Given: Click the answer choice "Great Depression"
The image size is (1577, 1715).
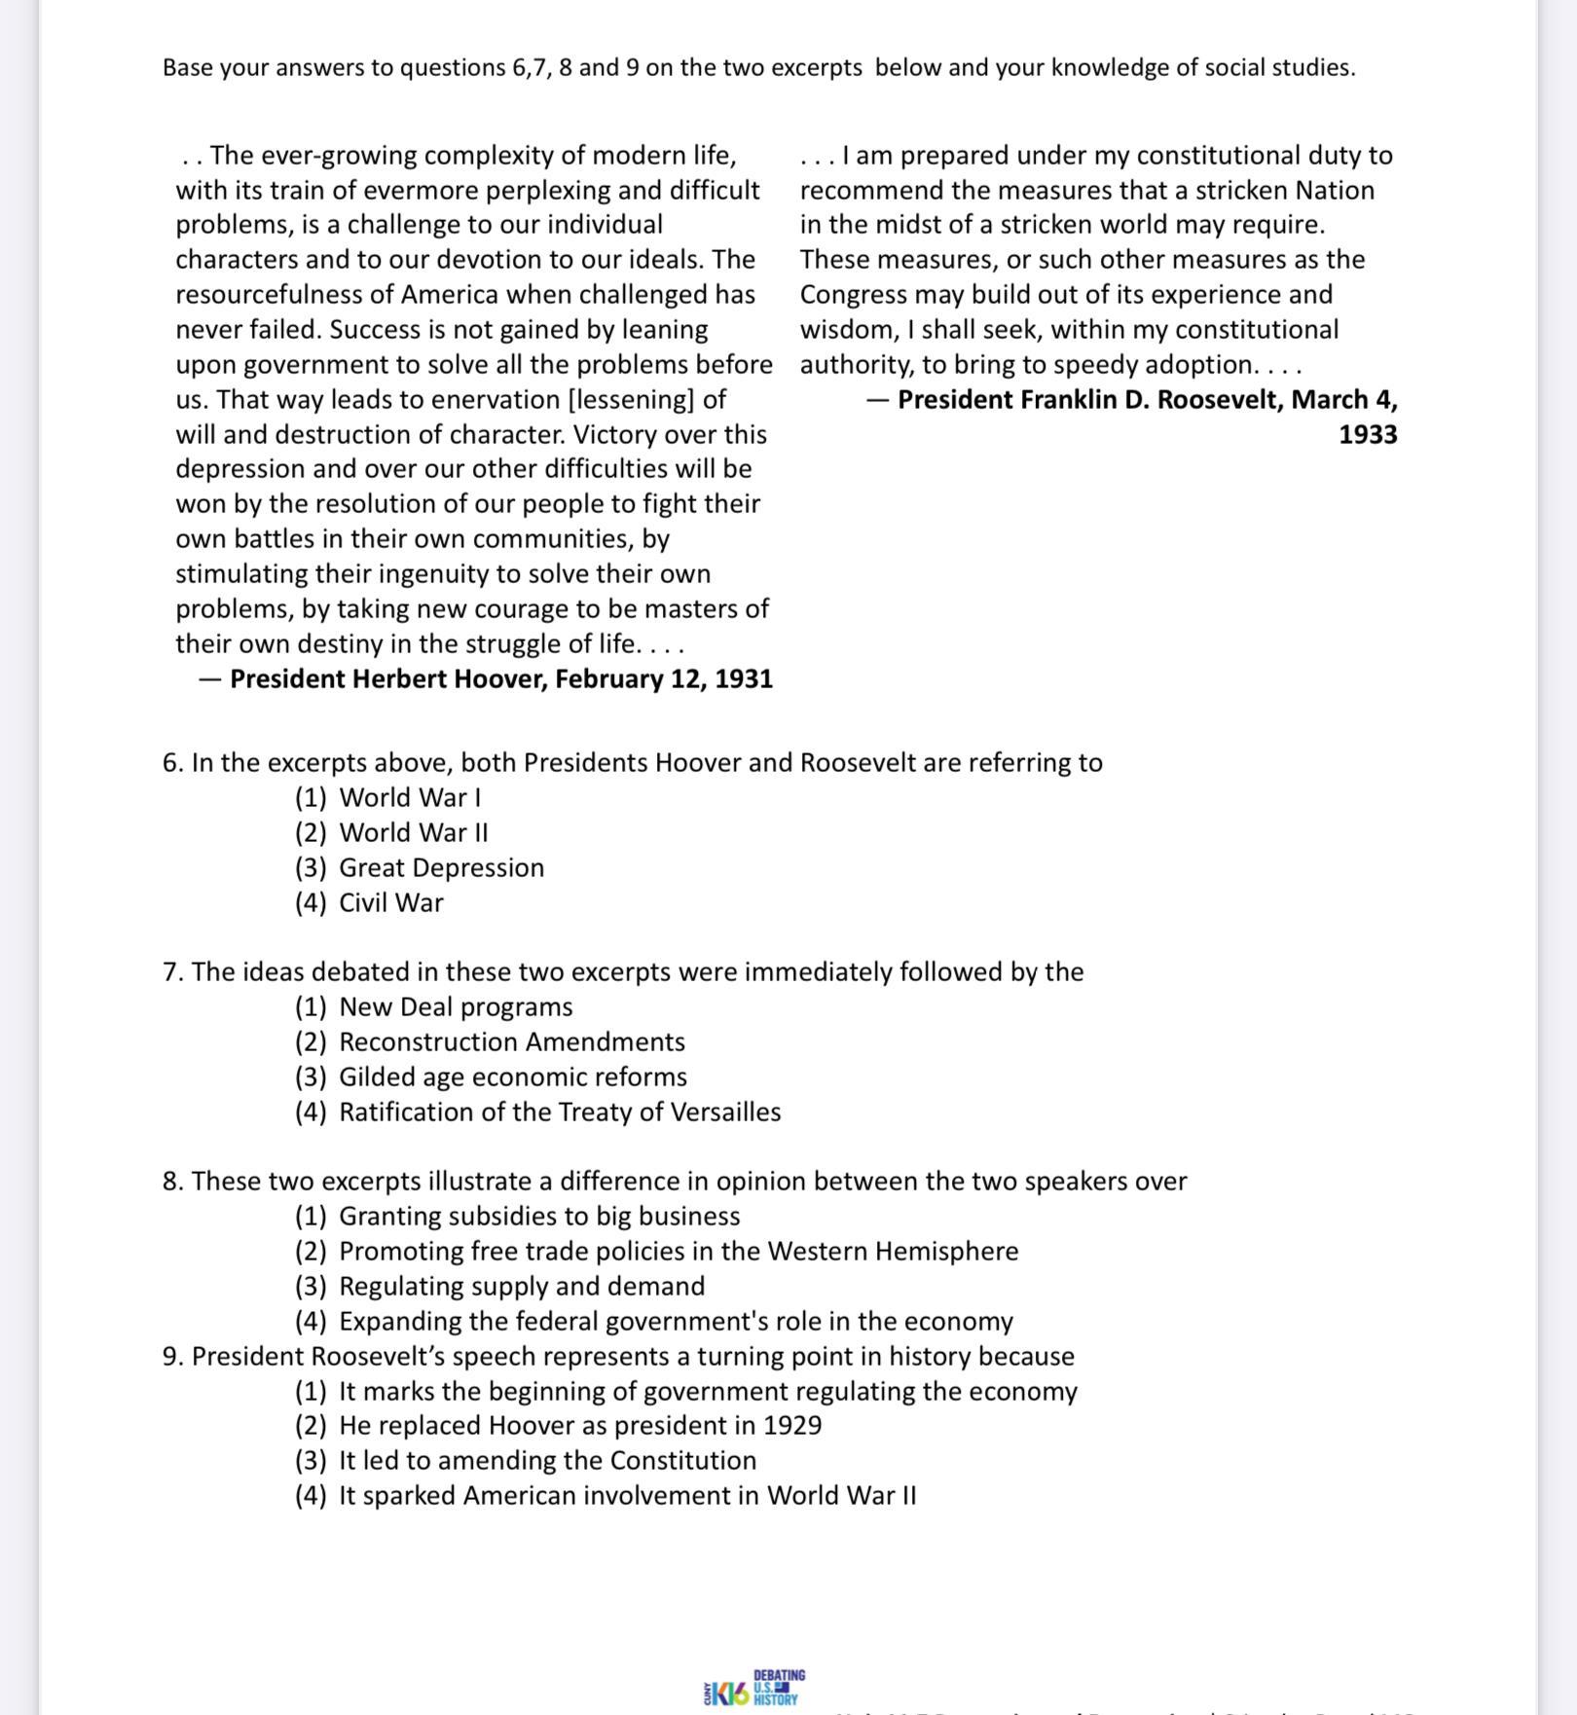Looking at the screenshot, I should pos(441,867).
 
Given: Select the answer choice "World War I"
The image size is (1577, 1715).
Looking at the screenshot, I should pos(410,797).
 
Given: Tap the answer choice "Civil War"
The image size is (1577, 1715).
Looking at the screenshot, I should pos(390,902).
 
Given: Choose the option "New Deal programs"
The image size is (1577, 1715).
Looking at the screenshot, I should pos(456,1006).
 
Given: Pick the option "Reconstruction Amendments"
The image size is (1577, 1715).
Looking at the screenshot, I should pos(512,1041).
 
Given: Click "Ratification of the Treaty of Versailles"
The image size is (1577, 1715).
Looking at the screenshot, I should pos(560,1112).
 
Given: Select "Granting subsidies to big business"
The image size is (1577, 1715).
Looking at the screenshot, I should pos(539,1216).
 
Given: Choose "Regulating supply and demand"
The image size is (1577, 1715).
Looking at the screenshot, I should pos(522,1286).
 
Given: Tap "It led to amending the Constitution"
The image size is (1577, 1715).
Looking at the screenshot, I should pos(547,1460).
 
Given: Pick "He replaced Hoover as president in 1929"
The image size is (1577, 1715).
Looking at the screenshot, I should pos(580,1425).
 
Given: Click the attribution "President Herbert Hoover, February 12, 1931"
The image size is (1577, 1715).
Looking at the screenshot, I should pos(500,678).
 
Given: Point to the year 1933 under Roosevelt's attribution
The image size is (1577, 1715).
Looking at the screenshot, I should pos(1368,434).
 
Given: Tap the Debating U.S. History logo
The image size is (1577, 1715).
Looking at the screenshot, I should pos(754,1688).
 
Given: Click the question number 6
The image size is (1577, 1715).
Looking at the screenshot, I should pos(172,762).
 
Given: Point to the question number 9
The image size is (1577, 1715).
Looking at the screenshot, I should pos(172,1356).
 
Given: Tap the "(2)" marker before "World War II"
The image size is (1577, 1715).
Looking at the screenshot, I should pos(311,832).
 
